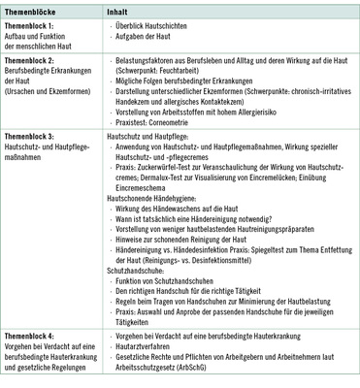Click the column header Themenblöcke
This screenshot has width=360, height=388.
(31, 9)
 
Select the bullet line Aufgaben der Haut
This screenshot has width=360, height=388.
(146, 36)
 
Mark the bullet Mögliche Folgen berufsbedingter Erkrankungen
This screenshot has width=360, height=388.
(190, 80)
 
